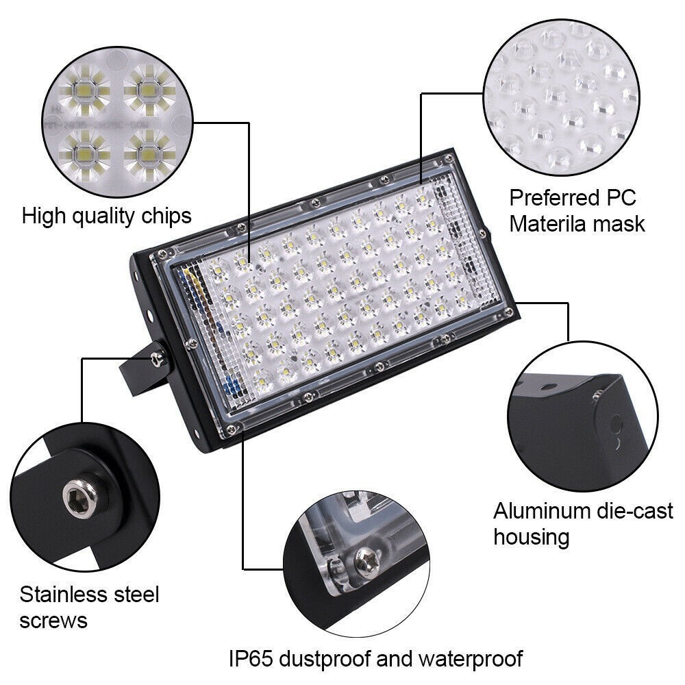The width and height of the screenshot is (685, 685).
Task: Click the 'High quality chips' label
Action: click(106, 216)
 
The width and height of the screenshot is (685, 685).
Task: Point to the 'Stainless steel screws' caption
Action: click(89, 607)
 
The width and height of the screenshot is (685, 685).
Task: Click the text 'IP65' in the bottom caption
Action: click(253, 659)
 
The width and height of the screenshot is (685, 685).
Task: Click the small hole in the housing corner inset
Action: click(616, 429)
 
